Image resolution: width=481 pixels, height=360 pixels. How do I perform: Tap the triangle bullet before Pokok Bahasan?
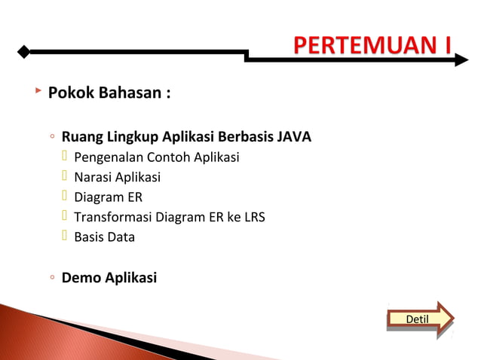click(37, 91)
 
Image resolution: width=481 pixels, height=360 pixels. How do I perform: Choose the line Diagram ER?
click(108, 197)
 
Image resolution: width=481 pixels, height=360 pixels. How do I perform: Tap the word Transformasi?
click(112, 218)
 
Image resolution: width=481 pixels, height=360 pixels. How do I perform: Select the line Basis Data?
click(104, 237)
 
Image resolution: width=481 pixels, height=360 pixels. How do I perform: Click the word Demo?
click(80, 278)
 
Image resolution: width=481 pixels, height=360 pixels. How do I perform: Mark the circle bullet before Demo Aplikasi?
click(51, 279)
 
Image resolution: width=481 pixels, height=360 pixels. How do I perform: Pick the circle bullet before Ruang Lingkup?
click(51, 138)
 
